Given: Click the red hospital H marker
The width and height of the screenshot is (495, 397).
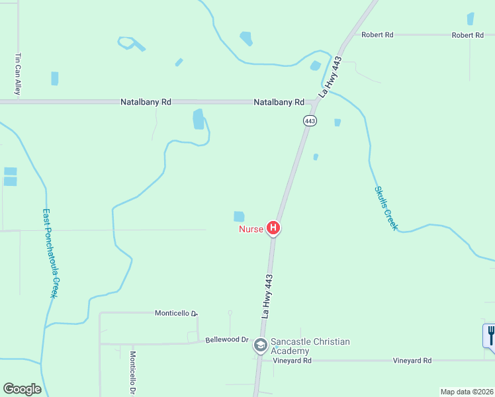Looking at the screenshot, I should [273, 229].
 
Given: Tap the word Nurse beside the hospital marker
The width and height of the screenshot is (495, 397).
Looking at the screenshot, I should [251, 230].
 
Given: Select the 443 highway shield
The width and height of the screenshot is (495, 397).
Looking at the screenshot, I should [310, 120].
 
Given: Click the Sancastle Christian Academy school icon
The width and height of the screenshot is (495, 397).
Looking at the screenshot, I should [261, 345].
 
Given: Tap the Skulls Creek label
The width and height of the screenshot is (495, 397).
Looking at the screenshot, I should [386, 208].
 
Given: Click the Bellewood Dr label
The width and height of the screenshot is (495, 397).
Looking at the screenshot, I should [226, 339].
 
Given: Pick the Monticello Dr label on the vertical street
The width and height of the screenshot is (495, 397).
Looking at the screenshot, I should [132, 373].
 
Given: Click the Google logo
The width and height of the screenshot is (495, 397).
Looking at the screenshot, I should [22, 389].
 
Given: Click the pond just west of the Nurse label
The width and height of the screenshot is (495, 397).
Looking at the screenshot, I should [239, 216].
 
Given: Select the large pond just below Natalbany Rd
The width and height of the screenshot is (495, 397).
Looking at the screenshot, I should [199, 119].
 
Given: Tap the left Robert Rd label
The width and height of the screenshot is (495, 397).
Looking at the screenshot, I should [377, 34].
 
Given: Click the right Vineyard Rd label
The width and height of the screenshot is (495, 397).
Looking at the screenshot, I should [412, 361].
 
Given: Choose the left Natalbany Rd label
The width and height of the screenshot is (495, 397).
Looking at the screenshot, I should [146, 103].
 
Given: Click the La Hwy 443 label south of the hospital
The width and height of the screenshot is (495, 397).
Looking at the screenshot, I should [266, 298].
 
